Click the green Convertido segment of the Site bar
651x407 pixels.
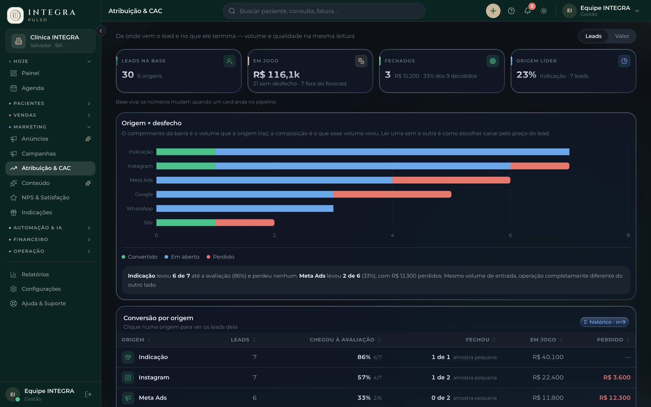click(186, 223)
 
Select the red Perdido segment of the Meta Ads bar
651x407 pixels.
click(451, 180)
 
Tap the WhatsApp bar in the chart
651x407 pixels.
click(245, 208)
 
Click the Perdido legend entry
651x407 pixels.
click(220, 257)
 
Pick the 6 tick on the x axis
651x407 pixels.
click(510, 235)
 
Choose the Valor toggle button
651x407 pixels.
click(622, 36)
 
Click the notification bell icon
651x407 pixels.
click(528, 11)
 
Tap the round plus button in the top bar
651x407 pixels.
click(493, 11)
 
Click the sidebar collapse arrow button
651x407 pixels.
click(101, 31)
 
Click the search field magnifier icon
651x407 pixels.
click(232, 11)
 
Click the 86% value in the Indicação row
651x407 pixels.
click(364, 357)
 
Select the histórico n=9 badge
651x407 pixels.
click(604, 322)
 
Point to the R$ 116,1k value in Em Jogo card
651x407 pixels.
click(276, 75)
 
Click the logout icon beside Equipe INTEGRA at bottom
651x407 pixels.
click(88, 394)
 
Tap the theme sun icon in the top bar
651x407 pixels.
click(544, 11)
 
